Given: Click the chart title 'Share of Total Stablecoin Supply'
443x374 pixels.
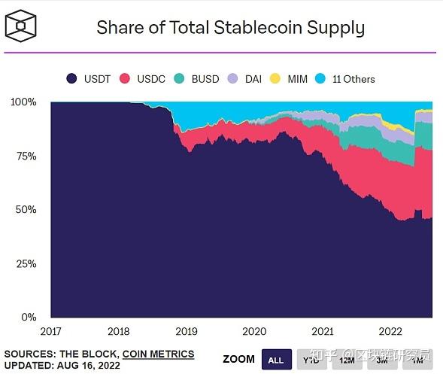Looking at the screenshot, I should (230, 28).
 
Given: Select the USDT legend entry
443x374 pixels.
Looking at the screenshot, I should (90, 78).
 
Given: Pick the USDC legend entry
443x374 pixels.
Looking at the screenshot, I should (146, 78).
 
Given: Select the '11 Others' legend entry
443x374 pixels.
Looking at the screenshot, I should (345, 78).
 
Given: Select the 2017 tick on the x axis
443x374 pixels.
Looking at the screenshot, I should (50, 331).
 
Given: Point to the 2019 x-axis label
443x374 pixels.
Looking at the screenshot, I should (187, 331).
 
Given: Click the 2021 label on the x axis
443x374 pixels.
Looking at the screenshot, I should (323, 331).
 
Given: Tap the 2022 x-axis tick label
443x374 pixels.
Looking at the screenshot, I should (390, 331).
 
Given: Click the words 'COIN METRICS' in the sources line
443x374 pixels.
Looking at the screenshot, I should (158, 354).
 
